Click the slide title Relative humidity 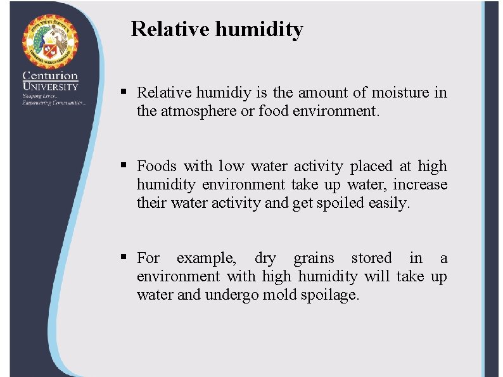click(x=217, y=29)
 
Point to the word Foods click(x=157, y=167)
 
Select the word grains click(x=314, y=259)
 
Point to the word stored click(x=371, y=259)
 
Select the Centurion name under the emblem click(x=51, y=75)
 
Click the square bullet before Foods click(x=125, y=166)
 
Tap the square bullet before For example click(x=125, y=258)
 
